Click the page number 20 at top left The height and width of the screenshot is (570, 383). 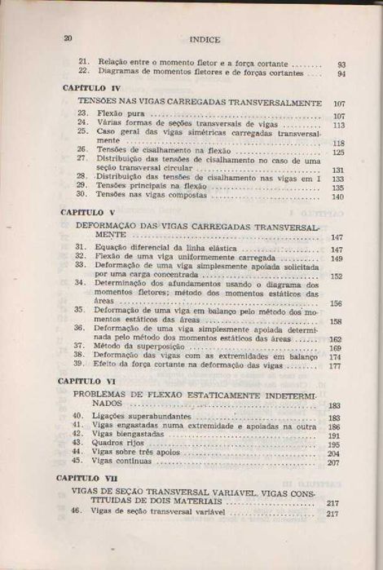(68, 38)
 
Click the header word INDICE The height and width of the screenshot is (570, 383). (200, 38)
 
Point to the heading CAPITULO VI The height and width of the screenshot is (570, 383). (90, 381)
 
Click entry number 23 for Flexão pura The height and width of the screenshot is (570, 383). (82, 114)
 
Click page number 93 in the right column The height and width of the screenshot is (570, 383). (341, 64)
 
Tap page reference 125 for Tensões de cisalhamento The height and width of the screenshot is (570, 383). (338, 152)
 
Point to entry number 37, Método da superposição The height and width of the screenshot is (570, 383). (80, 347)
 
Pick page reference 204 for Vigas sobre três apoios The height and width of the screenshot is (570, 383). (333, 453)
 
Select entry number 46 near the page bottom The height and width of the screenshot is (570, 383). (77, 513)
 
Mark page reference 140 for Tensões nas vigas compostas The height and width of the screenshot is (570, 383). (337, 197)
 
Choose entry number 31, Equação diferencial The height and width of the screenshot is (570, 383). (80, 248)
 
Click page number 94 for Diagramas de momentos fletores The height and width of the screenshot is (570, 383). (341, 73)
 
